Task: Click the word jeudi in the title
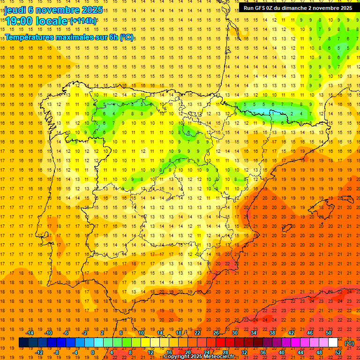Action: click(15, 10)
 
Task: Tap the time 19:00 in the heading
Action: click(20, 21)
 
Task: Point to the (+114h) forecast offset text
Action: click(83, 21)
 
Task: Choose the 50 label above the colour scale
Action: click(329, 333)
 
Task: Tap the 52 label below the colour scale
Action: click(337, 352)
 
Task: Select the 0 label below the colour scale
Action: click(92, 352)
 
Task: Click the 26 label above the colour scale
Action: click(216, 333)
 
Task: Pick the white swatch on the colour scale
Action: click(333, 343)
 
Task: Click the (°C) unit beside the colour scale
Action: click(349, 343)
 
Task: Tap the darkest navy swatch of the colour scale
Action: click(23, 343)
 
